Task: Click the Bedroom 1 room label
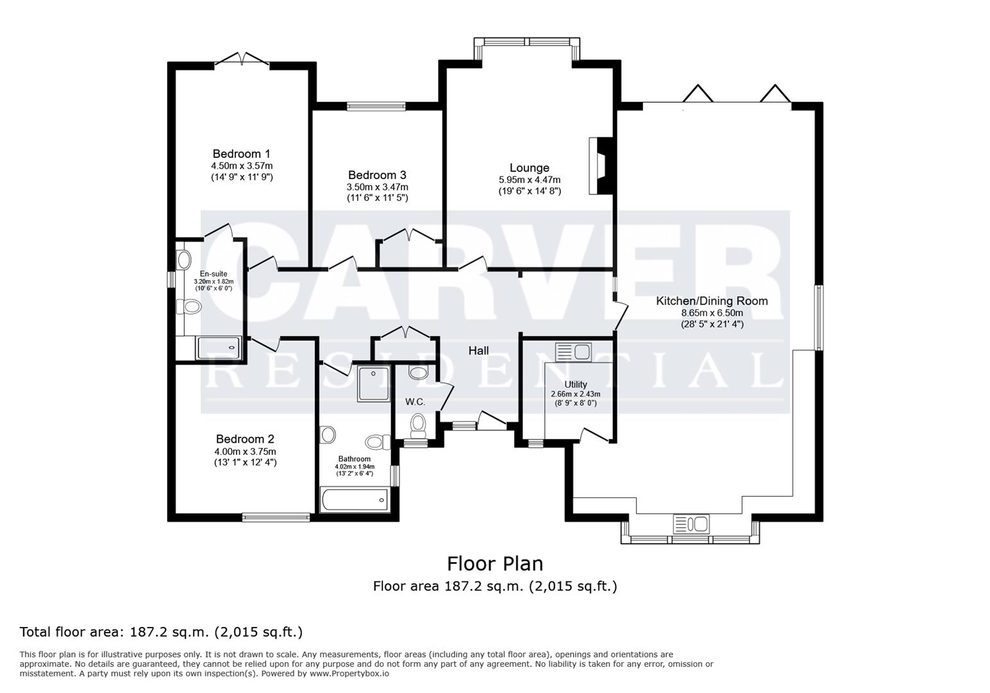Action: coord(241,154)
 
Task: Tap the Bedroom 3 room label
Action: coord(377,175)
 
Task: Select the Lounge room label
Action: coord(529,168)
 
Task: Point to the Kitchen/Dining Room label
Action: coord(711,301)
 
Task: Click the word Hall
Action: coord(478,350)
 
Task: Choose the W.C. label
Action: coord(415,402)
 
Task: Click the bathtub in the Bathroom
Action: coord(354,500)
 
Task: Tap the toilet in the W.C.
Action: coord(418,425)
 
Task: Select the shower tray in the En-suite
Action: coord(219,348)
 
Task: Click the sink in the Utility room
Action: coord(573,352)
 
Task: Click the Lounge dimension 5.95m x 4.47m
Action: coord(529,180)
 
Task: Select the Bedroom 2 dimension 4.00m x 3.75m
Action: coord(245,451)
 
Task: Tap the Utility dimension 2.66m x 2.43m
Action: coord(575,394)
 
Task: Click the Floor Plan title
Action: coord(494,563)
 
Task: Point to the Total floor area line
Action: coord(161,632)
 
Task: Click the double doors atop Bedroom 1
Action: coord(242,60)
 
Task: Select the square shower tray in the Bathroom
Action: coord(374,383)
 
